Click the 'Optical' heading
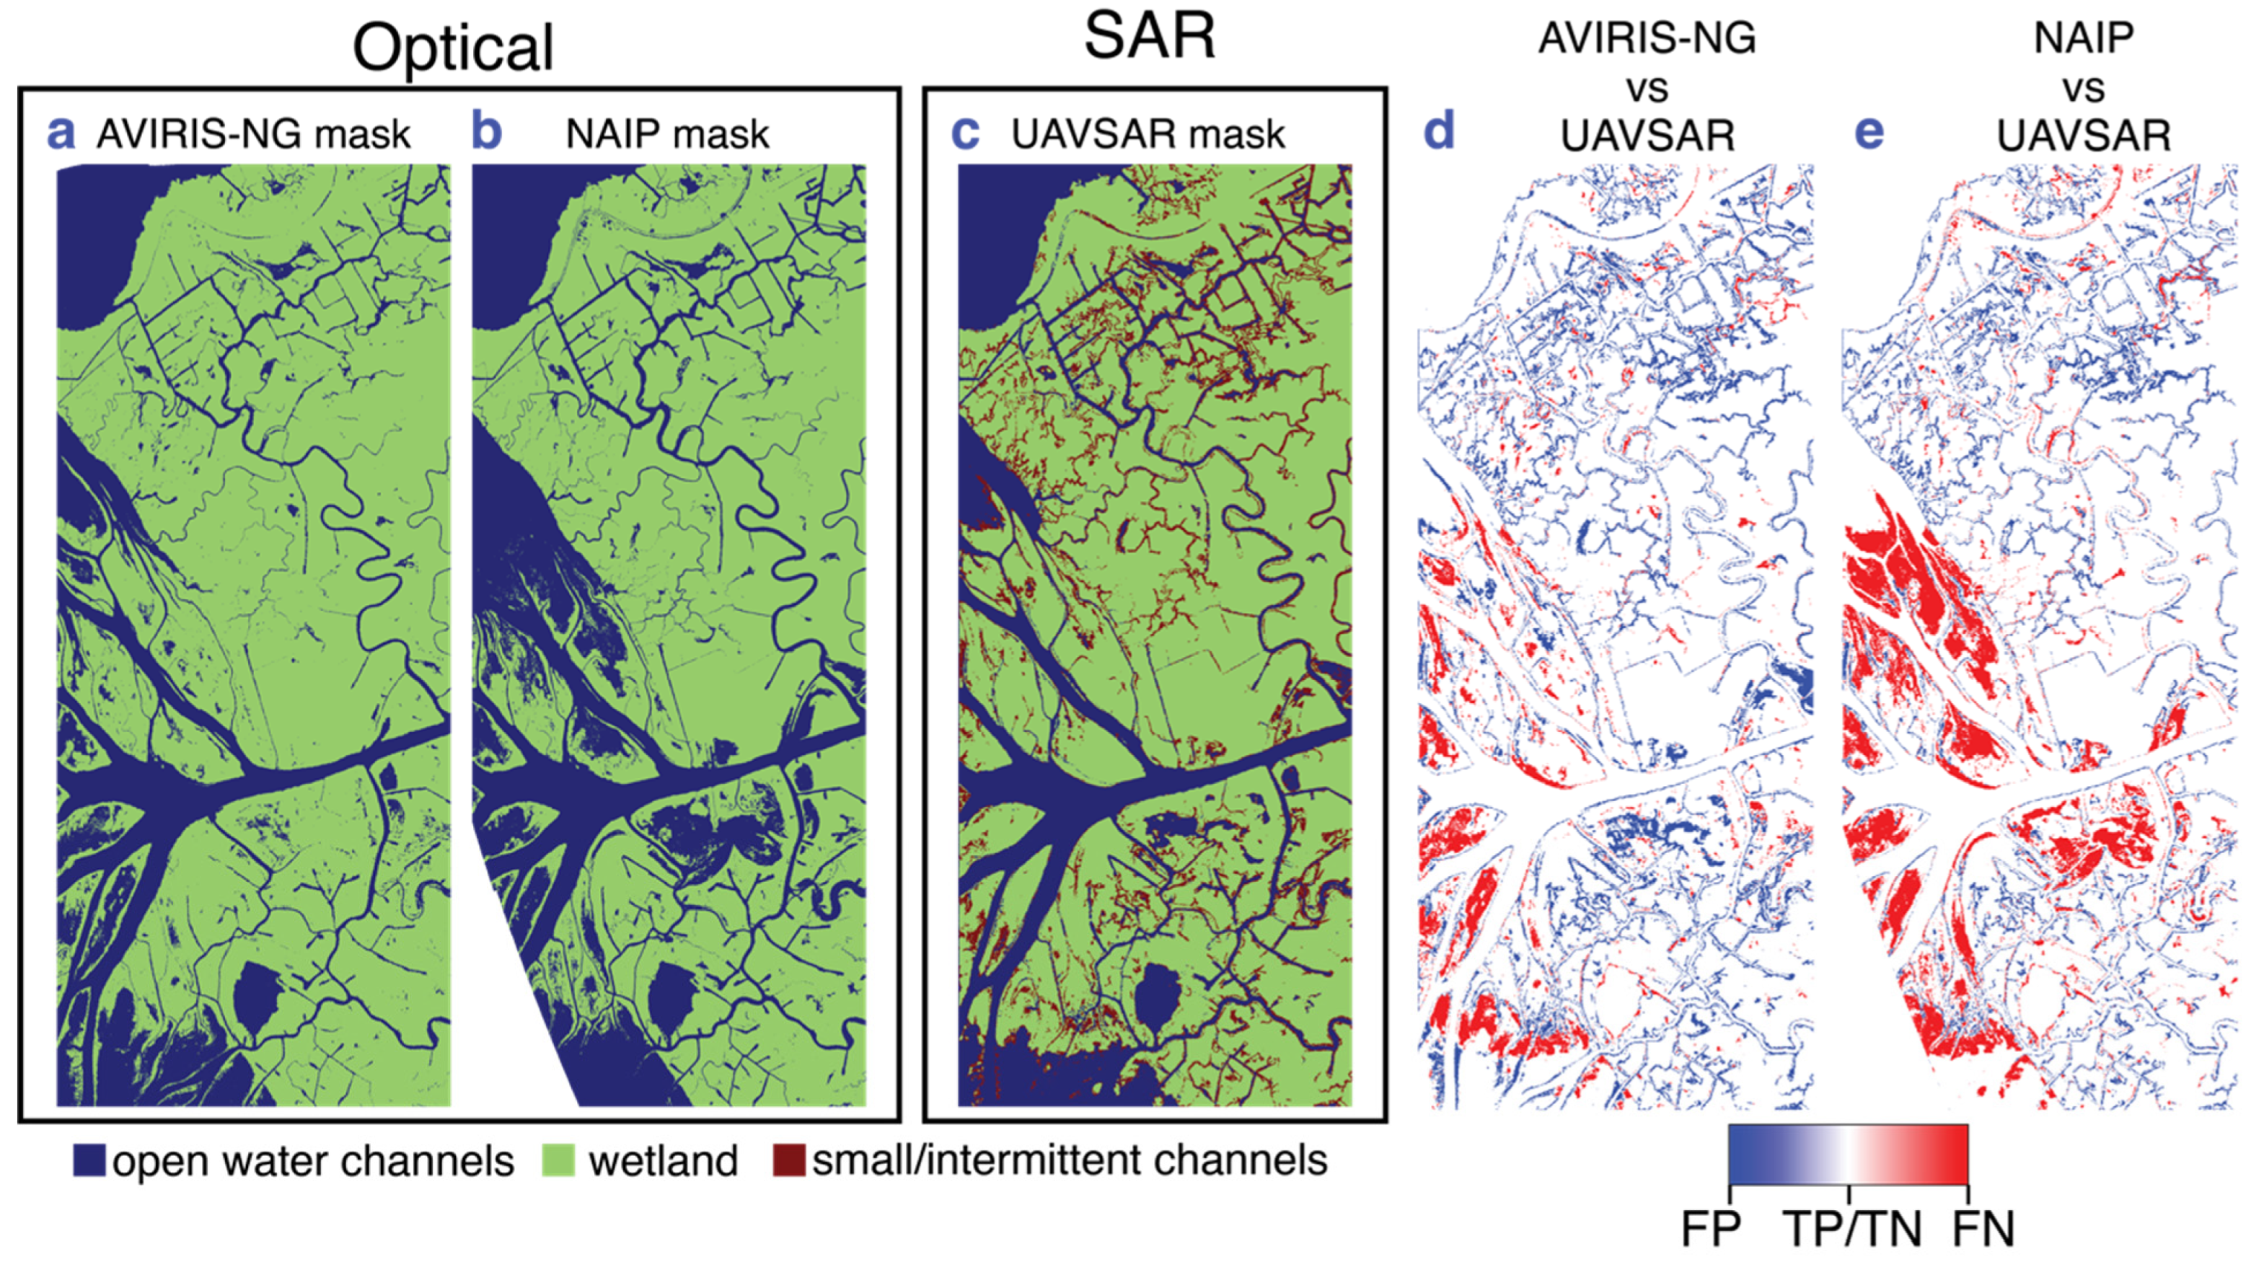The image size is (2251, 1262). (453, 48)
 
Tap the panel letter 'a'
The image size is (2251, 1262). (61, 133)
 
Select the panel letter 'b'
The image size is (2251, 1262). (487, 133)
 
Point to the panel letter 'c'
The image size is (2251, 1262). (965, 133)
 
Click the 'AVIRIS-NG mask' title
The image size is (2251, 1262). (253, 135)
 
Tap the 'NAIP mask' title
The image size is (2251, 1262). (668, 135)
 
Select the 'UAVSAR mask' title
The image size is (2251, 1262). (1148, 135)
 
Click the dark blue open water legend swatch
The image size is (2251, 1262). (89, 1160)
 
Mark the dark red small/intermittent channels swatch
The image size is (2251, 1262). (788, 1160)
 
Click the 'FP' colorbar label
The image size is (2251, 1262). (1711, 1229)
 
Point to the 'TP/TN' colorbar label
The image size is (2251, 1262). (1851, 1229)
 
